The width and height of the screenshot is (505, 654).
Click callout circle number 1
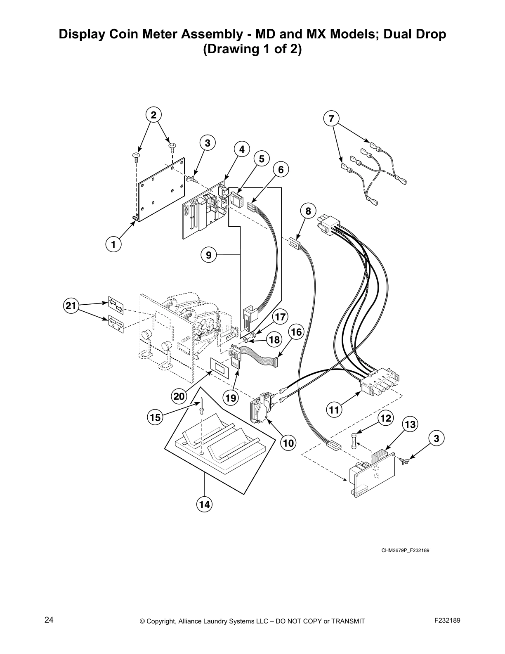[113, 244]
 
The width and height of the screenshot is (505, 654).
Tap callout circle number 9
[209, 255]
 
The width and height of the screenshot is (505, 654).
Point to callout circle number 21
[71, 306]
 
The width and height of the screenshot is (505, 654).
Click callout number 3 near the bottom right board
[437, 438]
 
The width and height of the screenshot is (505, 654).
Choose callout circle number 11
[335, 410]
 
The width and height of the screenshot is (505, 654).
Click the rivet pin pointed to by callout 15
[201, 407]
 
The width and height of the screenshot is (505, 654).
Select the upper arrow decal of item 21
[116, 305]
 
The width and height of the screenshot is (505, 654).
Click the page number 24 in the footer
[49, 621]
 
